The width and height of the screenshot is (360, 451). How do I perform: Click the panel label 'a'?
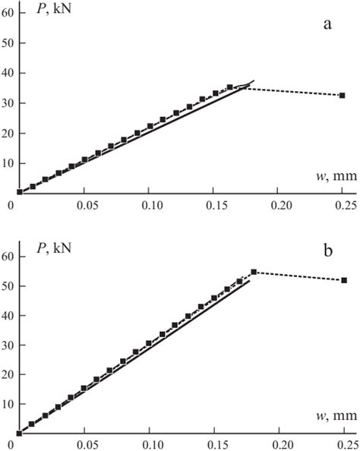pos(327,24)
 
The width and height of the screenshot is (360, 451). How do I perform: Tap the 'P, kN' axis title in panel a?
pos(46,14)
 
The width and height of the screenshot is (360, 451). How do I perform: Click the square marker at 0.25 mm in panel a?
pos(343,96)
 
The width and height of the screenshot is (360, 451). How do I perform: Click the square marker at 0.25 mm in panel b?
pos(344,280)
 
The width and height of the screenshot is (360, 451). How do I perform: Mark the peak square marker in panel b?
pos(254,272)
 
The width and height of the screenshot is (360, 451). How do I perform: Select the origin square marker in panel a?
pos(19,192)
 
